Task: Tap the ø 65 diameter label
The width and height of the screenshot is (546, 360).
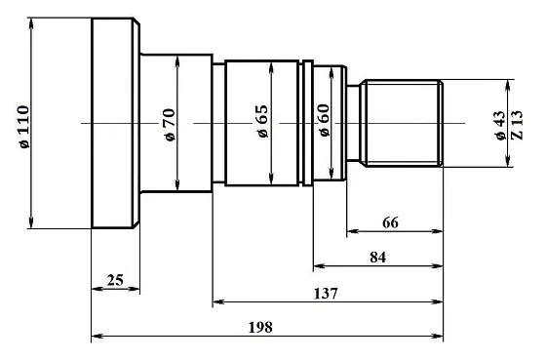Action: tap(262, 122)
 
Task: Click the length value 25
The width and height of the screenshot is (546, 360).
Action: tap(114, 280)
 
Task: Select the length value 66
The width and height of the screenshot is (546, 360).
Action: tap(390, 222)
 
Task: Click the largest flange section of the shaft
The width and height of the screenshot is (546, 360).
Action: tap(113, 123)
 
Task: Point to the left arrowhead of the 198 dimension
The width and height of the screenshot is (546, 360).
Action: tap(96, 338)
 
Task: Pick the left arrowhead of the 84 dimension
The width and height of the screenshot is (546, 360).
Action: tap(318, 266)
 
